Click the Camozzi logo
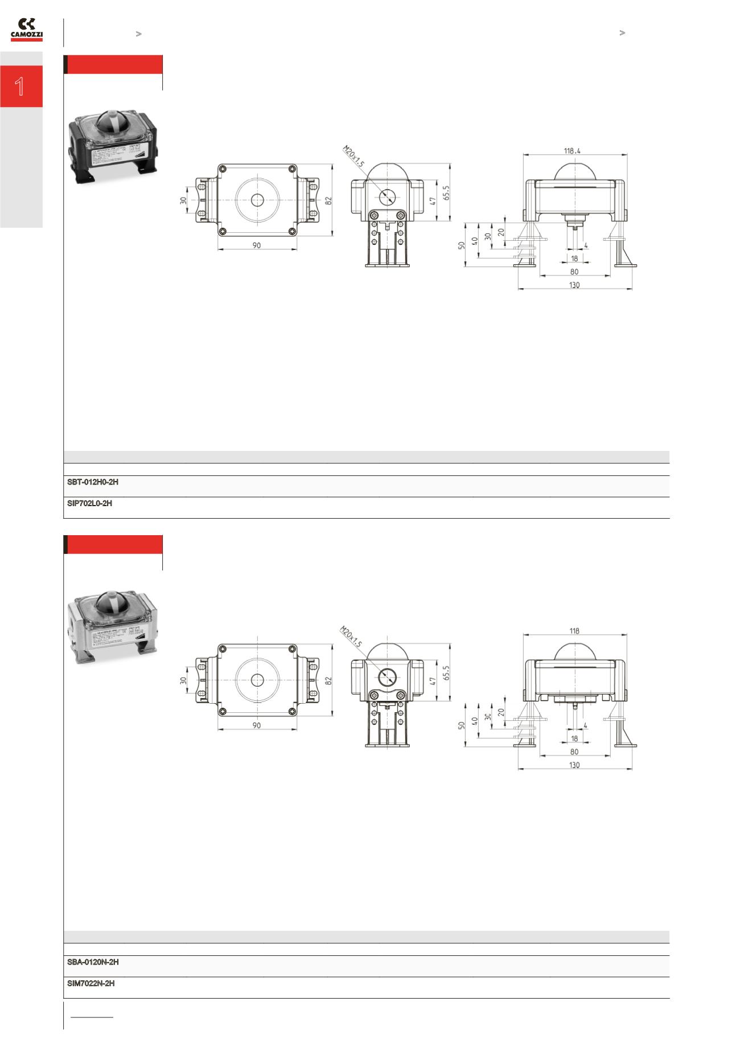coord(27,30)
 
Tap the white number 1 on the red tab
coord(20,87)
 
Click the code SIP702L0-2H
coord(89,503)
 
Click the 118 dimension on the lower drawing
coord(574,631)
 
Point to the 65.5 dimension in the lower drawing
coord(447,674)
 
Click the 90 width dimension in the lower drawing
coord(257,725)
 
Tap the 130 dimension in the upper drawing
coord(574,285)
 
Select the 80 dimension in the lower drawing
coord(574,752)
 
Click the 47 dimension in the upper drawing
coord(432,200)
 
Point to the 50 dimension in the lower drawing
coord(462,724)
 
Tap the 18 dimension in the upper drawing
coord(574,258)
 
